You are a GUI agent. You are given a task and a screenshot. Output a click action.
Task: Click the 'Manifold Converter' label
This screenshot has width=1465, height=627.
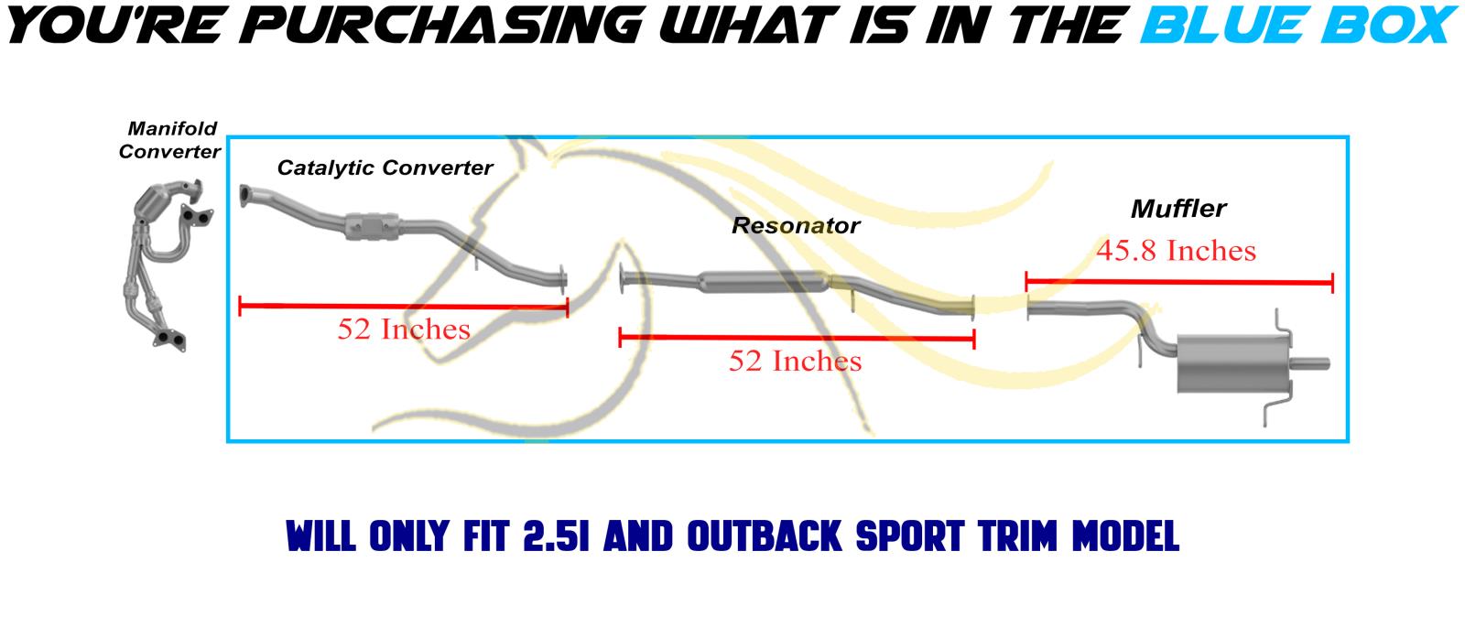click(x=169, y=140)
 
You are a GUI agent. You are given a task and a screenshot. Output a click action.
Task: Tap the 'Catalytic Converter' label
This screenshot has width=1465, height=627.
click(x=385, y=168)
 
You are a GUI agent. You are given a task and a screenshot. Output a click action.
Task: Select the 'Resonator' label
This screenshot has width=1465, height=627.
click(x=796, y=225)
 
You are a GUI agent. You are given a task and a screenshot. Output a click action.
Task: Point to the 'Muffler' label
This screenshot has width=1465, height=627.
click(x=1178, y=209)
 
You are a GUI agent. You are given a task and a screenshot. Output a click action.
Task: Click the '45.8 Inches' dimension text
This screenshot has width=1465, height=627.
click(x=1176, y=251)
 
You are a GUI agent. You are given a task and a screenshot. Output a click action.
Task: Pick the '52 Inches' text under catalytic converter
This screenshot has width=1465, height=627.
click(x=404, y=329)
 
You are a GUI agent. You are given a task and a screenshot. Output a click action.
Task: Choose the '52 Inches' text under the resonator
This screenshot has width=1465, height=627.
click(x=796, y=361)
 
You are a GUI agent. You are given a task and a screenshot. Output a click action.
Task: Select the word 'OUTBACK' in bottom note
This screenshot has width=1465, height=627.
click(x=765, y=536)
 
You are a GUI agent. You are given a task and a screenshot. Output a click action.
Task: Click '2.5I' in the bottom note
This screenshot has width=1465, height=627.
click(x=556, y=536)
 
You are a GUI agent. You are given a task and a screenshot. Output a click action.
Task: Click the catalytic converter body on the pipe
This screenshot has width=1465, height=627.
click(x=373, y=226)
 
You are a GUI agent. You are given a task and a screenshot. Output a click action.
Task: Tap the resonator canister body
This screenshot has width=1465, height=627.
click(x=764, y=282)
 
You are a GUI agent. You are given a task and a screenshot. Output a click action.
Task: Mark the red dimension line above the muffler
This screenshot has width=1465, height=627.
click(x=1179, y=283)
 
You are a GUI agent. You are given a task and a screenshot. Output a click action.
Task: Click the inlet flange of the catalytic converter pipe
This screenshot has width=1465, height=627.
click(x=244, y=196)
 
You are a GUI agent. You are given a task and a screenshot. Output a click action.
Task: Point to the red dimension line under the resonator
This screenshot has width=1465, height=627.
click(x=797, y=338)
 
